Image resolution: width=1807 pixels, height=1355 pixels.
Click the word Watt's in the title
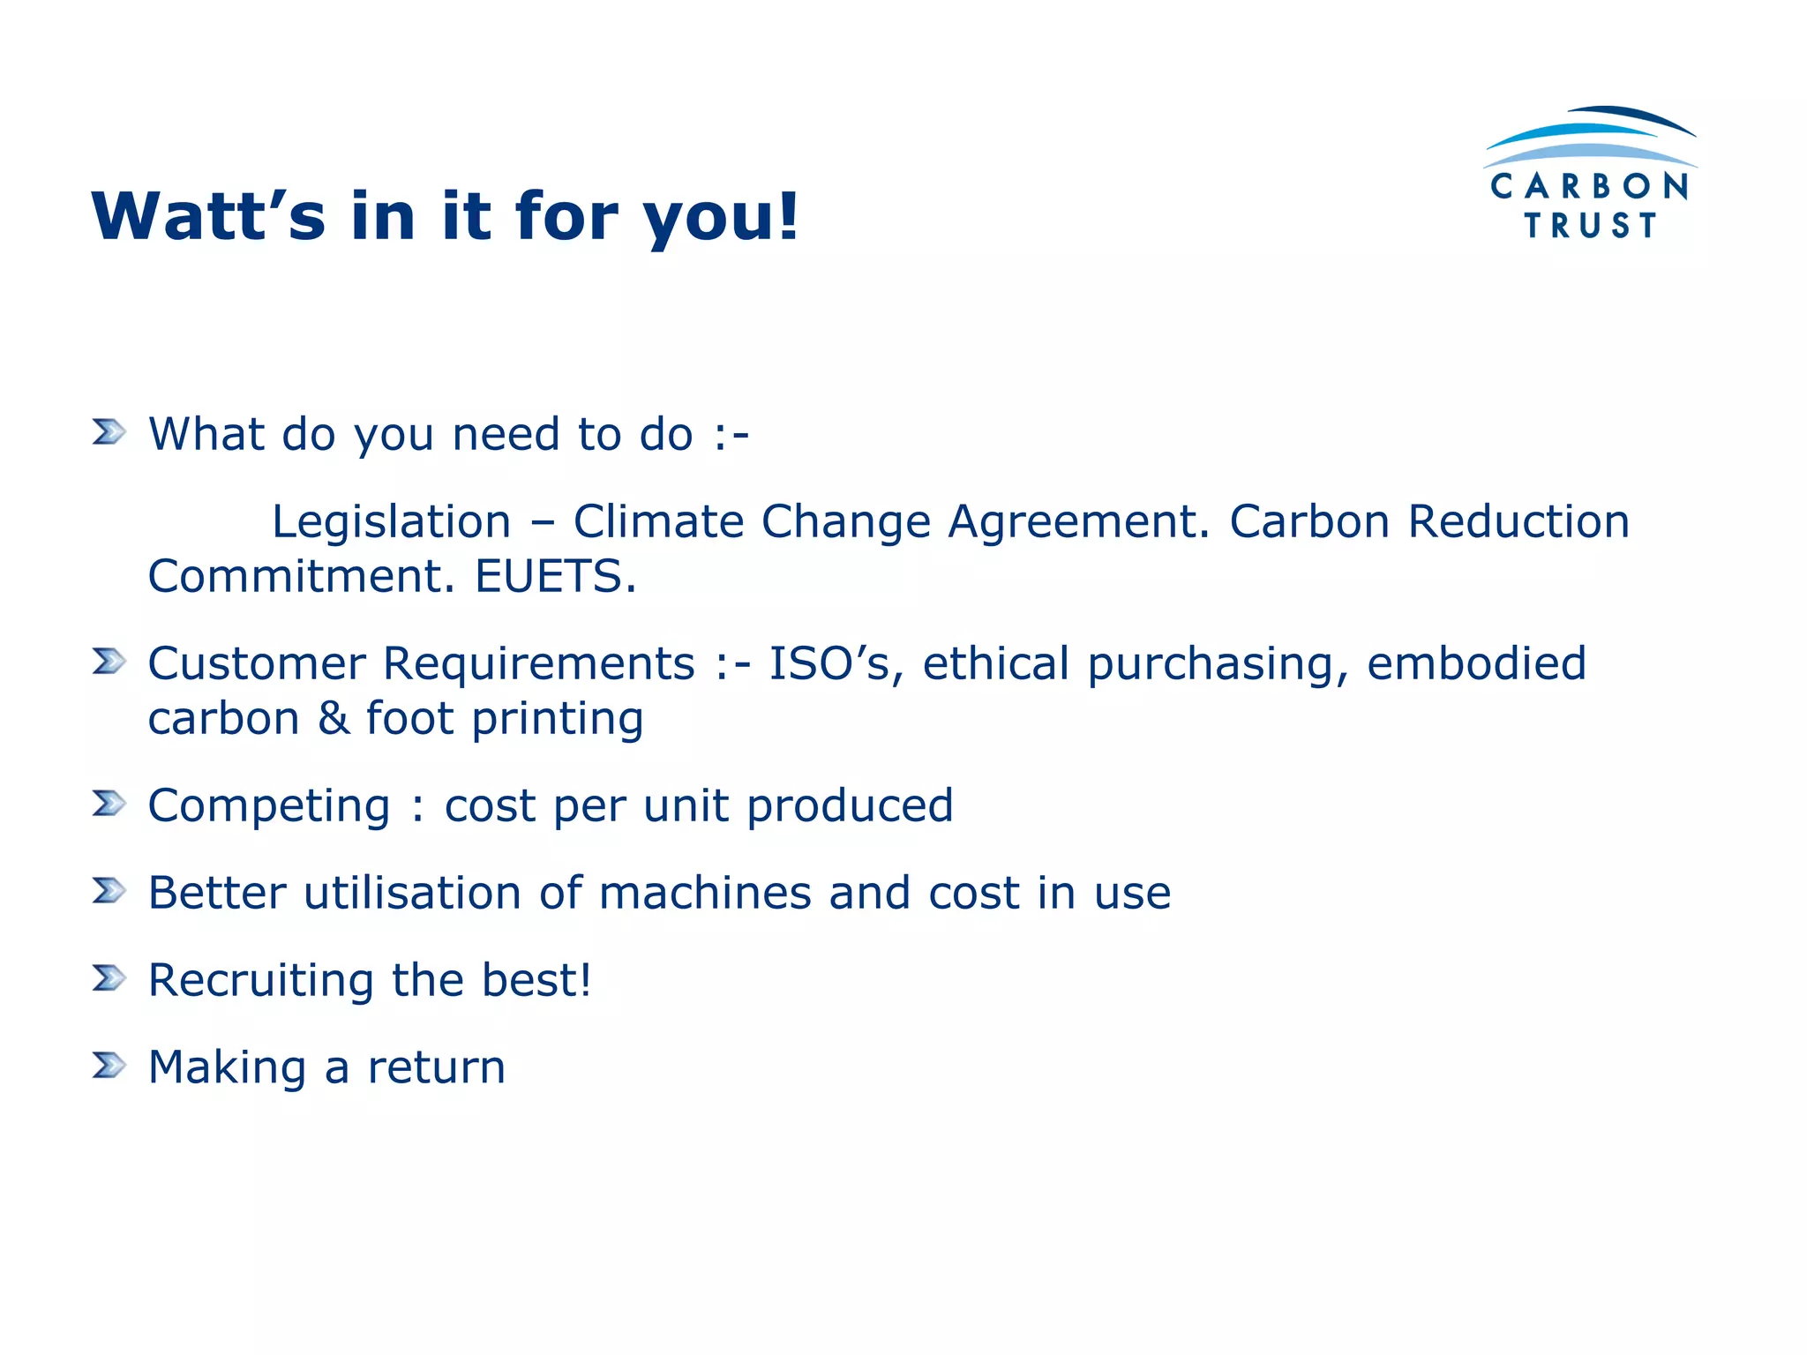[x=208, y=216]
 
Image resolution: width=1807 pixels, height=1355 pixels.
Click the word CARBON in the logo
[x=1589, y=187]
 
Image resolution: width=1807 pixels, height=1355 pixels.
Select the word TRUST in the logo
[x=1590, y=226]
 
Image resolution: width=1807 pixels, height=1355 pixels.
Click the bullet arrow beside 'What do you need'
[x=109, y=432]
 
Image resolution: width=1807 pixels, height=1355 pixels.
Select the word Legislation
[x=391, y=521]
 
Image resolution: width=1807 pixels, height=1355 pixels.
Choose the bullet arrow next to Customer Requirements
[x=109, y=662]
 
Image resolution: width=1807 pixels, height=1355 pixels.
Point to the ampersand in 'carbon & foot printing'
[x=334, y=718]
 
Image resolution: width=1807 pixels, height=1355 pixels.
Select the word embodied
[x=1476, y=663]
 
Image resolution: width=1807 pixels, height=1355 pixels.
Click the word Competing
[x=269, y=806]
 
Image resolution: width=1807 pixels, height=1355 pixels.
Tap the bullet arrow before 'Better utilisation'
[x=109, y=891]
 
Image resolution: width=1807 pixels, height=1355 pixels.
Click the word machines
[x=704, y=893]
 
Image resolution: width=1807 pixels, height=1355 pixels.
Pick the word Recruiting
[x=261, y=981]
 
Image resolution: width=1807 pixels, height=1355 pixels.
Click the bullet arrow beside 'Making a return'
[x=109, y=1066]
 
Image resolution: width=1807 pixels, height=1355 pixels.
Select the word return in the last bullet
[x=436, y=1067]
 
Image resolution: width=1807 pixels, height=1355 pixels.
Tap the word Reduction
[x=1518, y=521]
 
